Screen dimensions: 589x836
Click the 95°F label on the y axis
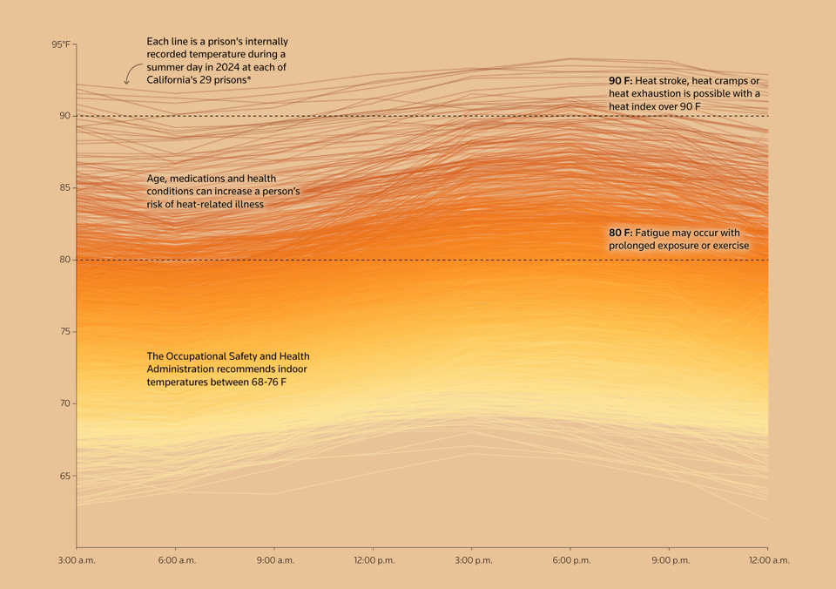pos(62,44)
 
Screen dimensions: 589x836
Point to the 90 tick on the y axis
pos(65,115)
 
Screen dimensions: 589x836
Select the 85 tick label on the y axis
pos(65,187)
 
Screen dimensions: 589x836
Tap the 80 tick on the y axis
pos(65,260)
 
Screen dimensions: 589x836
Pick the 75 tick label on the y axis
pos(65,331)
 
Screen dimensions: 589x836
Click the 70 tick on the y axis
pos(65,403)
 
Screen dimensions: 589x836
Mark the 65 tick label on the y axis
pos(65,476)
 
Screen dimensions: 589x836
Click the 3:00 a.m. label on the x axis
pos(77,560)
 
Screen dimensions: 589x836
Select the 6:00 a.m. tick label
pos(175,560)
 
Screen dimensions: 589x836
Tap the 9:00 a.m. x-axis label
pos(274,560)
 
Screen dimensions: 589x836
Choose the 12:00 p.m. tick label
pos(373,560)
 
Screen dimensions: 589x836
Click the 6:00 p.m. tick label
pos(570,560)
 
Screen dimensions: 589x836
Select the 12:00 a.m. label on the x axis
pos(768,560)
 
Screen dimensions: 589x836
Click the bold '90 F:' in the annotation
pos(620,81)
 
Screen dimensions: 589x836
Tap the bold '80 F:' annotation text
pos(620,234)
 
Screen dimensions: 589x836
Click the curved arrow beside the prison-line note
pos(131,73)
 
